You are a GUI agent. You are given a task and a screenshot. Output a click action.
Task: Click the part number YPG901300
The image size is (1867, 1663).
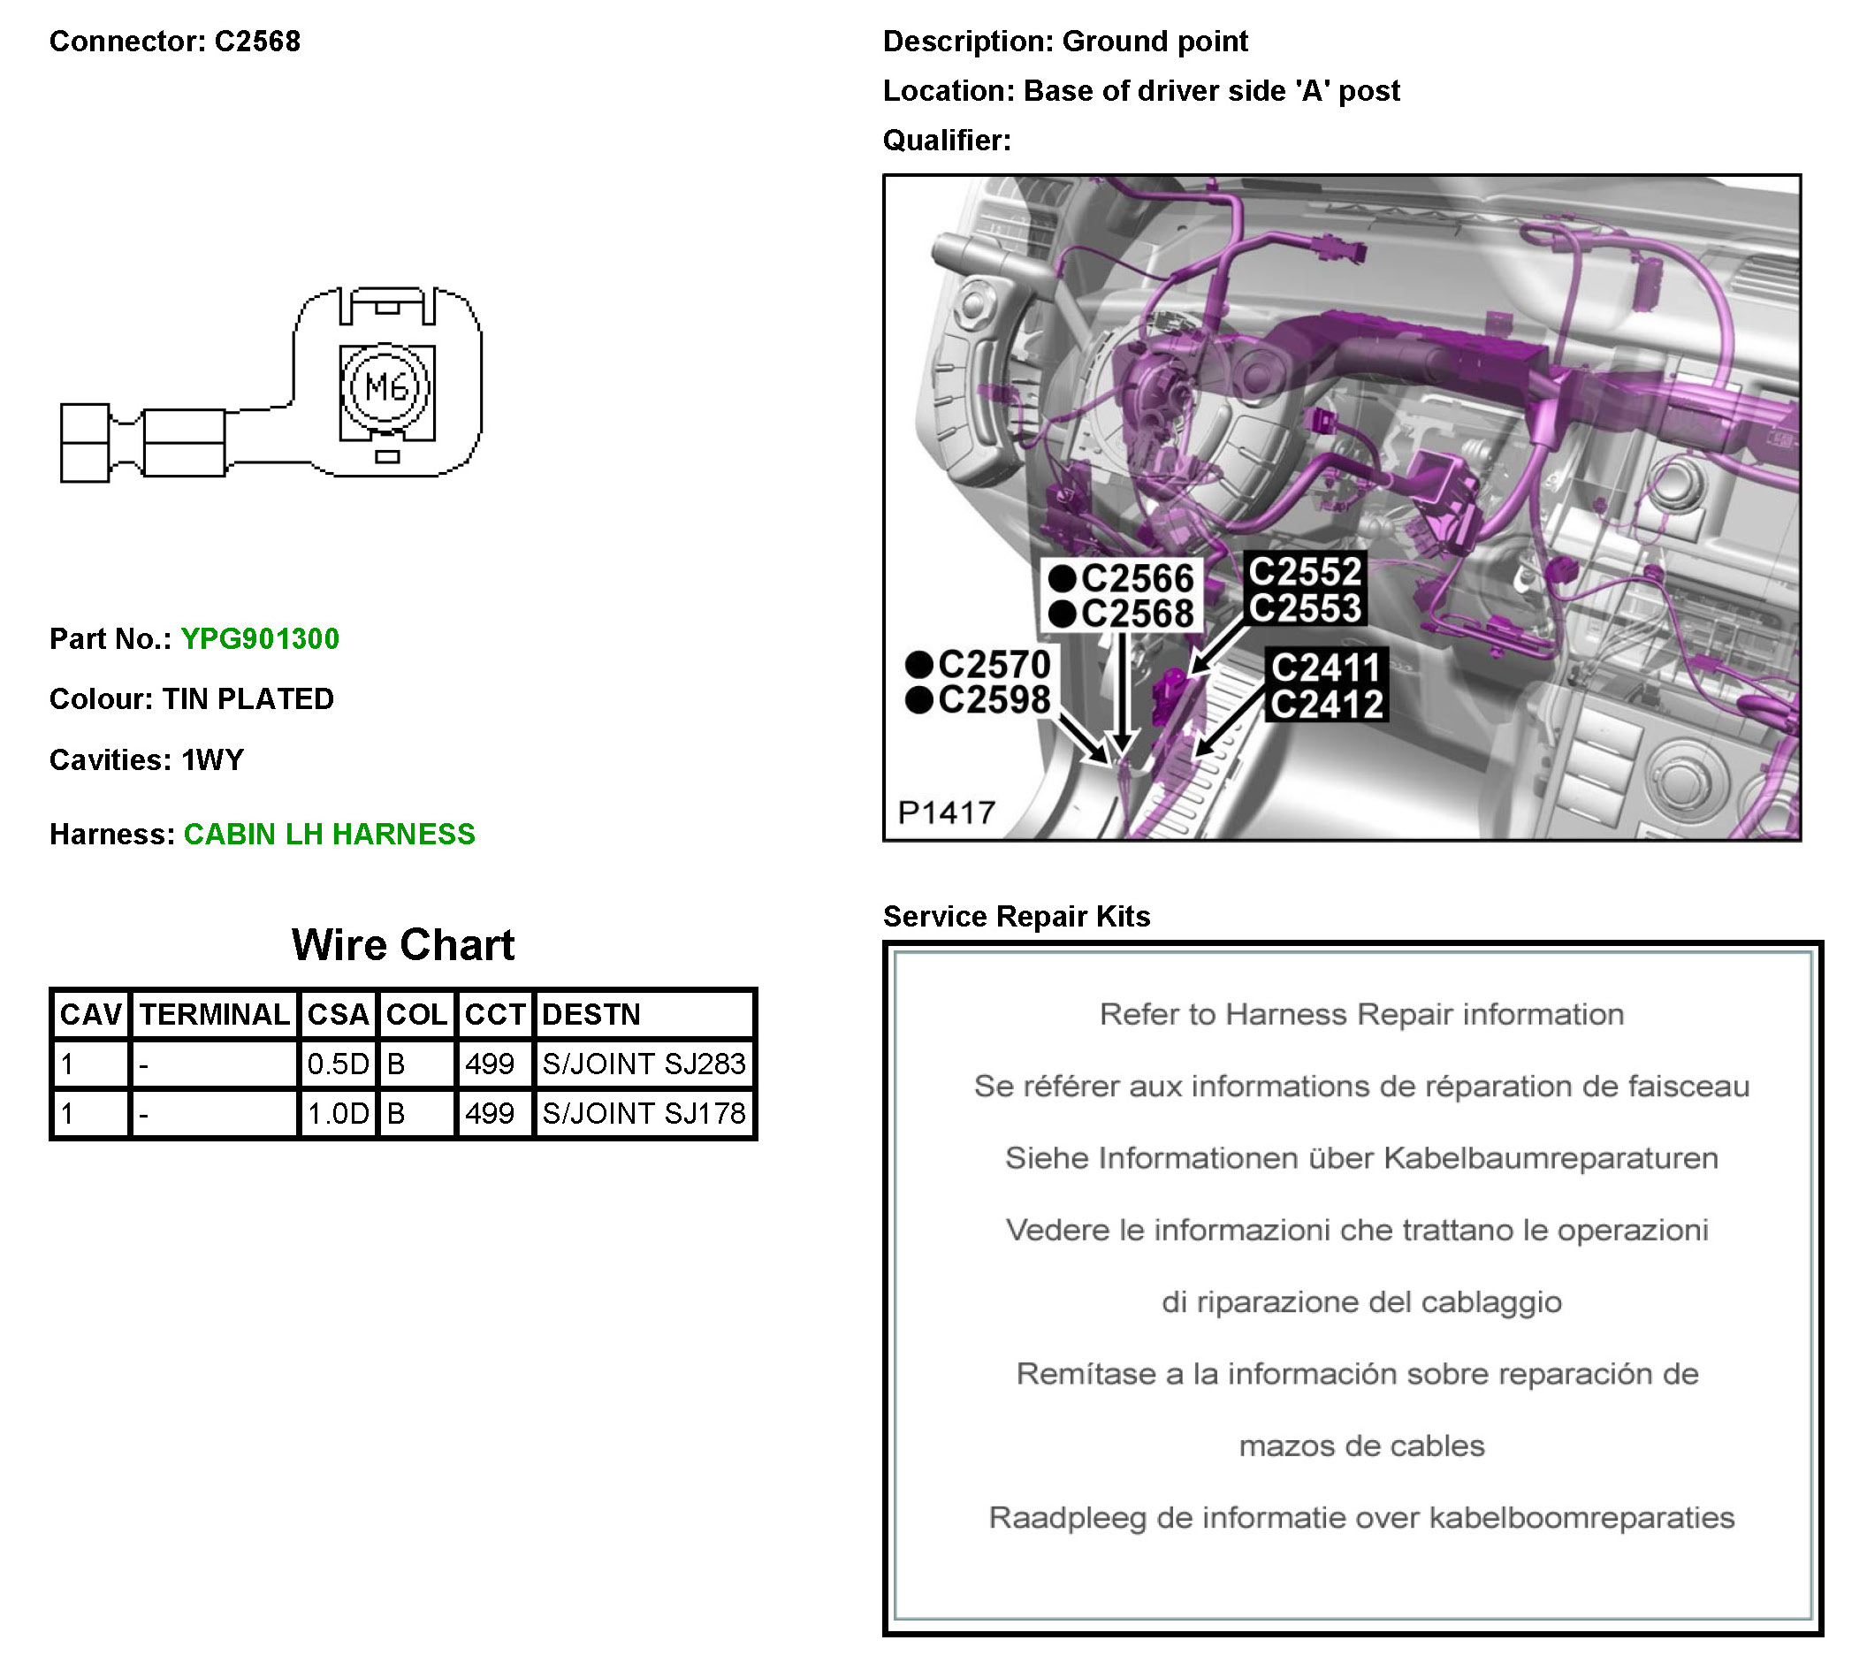[259, 638]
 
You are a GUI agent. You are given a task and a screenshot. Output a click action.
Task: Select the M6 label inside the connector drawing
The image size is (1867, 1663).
[386, 386]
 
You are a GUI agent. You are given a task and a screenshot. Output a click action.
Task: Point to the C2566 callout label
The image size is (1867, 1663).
[1136, 578]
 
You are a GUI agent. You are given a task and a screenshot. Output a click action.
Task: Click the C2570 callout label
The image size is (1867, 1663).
[994, 664]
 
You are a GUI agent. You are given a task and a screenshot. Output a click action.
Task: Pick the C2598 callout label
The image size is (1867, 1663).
[994, 701]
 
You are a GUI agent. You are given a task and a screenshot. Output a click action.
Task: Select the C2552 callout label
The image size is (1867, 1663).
[1305, 572]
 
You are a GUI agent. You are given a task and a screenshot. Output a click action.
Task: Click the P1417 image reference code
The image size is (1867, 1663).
[946, 812]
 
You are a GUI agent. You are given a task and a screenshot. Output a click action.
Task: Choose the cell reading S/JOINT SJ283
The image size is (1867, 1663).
[644, 1064]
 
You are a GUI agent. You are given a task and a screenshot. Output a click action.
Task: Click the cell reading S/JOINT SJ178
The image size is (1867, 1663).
[644, 1113]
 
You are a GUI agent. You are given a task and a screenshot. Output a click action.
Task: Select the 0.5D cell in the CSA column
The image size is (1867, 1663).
[338, 1064]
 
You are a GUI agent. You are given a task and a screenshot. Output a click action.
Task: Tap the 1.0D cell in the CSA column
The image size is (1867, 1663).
[338, 1113]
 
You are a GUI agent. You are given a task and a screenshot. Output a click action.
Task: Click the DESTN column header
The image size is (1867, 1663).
[591, 1014]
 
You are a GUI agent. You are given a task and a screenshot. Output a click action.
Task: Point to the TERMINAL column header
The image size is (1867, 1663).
[215, 1014]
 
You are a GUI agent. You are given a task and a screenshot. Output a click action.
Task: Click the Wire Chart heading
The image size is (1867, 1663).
[403, 945]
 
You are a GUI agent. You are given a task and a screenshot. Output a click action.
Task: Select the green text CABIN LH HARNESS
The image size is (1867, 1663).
[329, 835]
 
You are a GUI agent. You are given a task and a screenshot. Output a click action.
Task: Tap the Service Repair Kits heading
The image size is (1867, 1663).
[1016, 917]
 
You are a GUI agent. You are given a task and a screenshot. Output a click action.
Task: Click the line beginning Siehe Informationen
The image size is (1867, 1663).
[1361, 1157]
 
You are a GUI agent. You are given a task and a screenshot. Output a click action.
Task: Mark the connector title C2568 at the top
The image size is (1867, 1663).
[256, 42]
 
